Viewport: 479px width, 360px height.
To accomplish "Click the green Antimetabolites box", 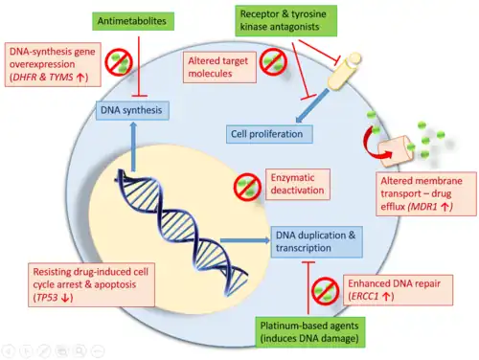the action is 133,21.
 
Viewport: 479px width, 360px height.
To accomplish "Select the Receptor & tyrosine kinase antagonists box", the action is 286,20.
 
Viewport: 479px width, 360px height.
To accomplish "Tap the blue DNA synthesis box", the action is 132,110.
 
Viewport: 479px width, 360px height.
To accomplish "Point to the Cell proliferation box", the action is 269,134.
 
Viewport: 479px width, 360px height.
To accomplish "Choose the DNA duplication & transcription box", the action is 316,241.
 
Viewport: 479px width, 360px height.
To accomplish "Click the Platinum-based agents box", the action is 310,332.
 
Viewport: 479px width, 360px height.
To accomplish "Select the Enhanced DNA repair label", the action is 398,290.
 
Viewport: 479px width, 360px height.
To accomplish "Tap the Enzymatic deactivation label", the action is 298,184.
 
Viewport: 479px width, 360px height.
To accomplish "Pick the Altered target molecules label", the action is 219,67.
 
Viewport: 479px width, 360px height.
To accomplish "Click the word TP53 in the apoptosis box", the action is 47,298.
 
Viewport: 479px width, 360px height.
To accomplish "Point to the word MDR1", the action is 423,207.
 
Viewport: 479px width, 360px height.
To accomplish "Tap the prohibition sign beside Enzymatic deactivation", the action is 247,187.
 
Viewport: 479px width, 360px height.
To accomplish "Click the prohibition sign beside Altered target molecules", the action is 273,62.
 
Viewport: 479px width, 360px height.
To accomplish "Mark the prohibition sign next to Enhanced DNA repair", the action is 325,291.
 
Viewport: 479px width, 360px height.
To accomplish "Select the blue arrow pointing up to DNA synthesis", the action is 133,147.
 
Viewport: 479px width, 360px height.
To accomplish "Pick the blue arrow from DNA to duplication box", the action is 245,240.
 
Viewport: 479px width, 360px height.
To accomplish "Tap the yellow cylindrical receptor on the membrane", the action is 344,71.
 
